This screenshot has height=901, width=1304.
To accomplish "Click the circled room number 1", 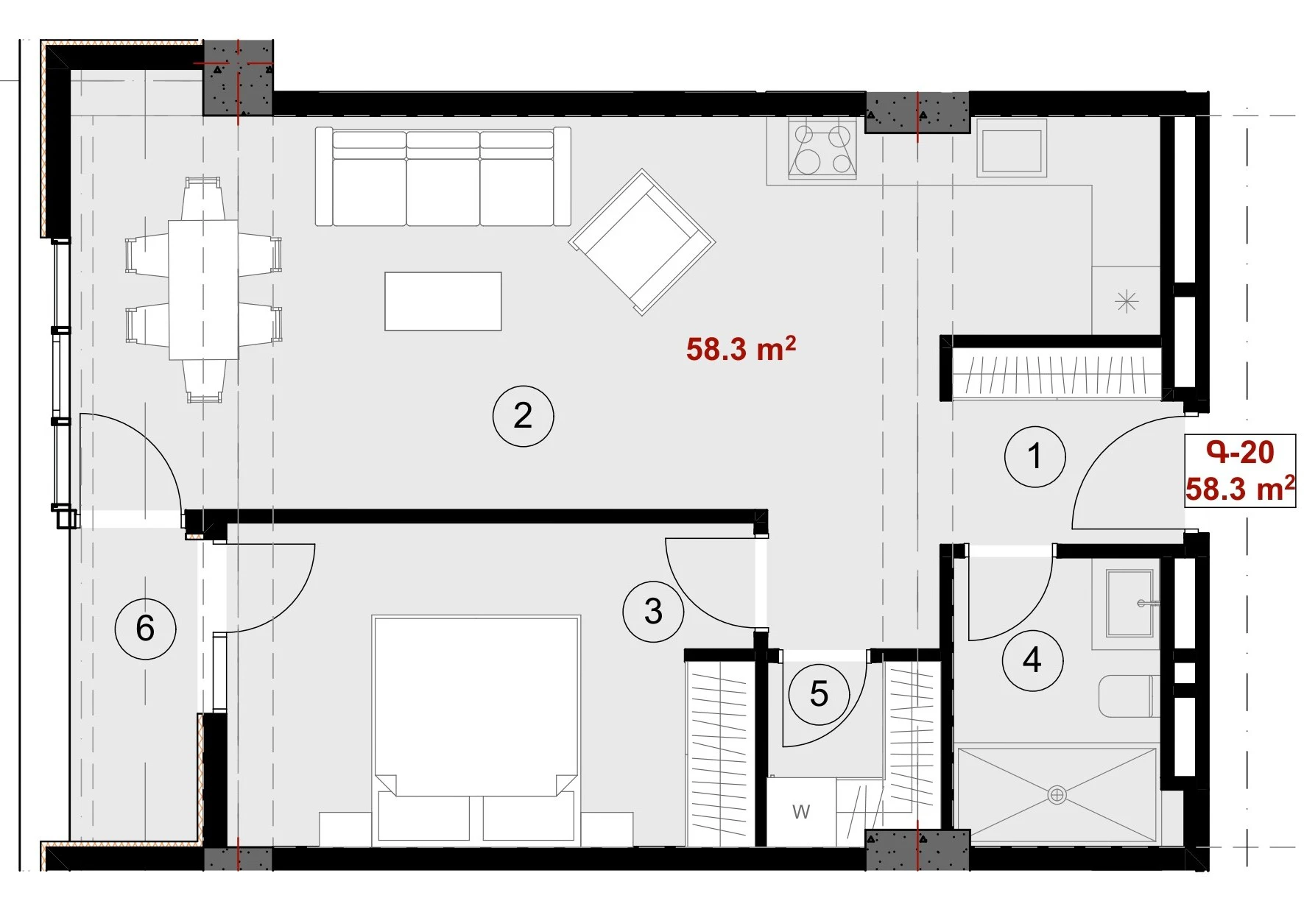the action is [x=1035, y=456].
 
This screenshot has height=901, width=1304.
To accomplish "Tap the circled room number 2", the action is [x=523, y=416].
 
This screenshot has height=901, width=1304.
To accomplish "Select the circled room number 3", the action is [x=653, y=611].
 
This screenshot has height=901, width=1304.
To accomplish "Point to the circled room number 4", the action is [x=1032, y=660].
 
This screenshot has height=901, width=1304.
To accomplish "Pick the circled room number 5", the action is [x=819, y=693].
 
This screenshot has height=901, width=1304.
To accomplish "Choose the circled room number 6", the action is [x=145, y=628].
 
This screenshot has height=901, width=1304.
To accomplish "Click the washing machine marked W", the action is [x=801, y=812].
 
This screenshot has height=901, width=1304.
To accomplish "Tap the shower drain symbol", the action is [x=1057, y=795].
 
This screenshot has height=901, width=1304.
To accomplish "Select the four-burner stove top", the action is [x=822, y=149].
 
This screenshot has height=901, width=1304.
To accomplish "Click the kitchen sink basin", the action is [x=1012, y=151].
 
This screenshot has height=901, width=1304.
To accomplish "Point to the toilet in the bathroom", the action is [x=1129, y=696].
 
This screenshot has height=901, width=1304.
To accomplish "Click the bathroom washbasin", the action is [x=1129, y=603].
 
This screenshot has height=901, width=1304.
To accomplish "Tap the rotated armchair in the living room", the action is [x=642, y=242].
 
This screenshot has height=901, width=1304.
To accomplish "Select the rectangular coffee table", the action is [x=443, y=301].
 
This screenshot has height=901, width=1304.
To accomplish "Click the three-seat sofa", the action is [x=443, y=177].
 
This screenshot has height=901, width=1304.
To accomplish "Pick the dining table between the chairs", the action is [x=203, y=290].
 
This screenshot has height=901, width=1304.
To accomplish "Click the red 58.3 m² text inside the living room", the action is [x=741, y=348].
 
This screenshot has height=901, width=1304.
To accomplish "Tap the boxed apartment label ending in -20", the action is [x=1240, y=470].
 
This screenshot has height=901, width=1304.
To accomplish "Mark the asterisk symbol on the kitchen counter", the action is [x=1127, y=301].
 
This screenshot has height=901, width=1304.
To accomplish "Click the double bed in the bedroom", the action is [x=476, y=729].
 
